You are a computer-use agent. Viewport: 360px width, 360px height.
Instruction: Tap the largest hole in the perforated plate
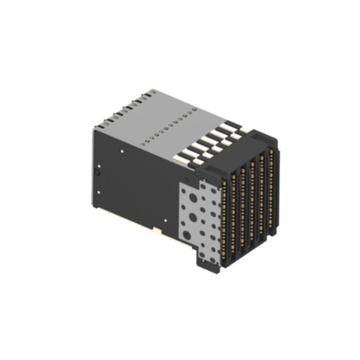tap(186, 236)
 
